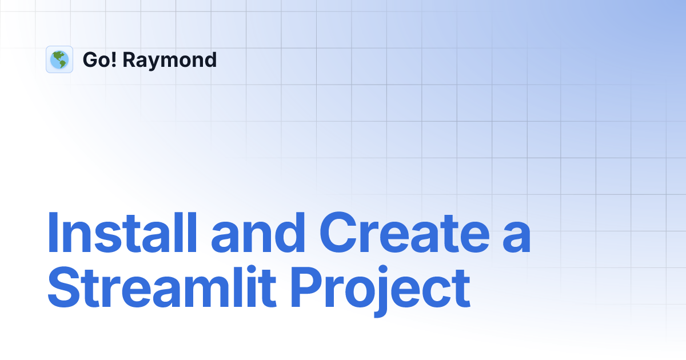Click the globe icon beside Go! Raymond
[x=59, y=59]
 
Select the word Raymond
[x=170, y=60]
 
